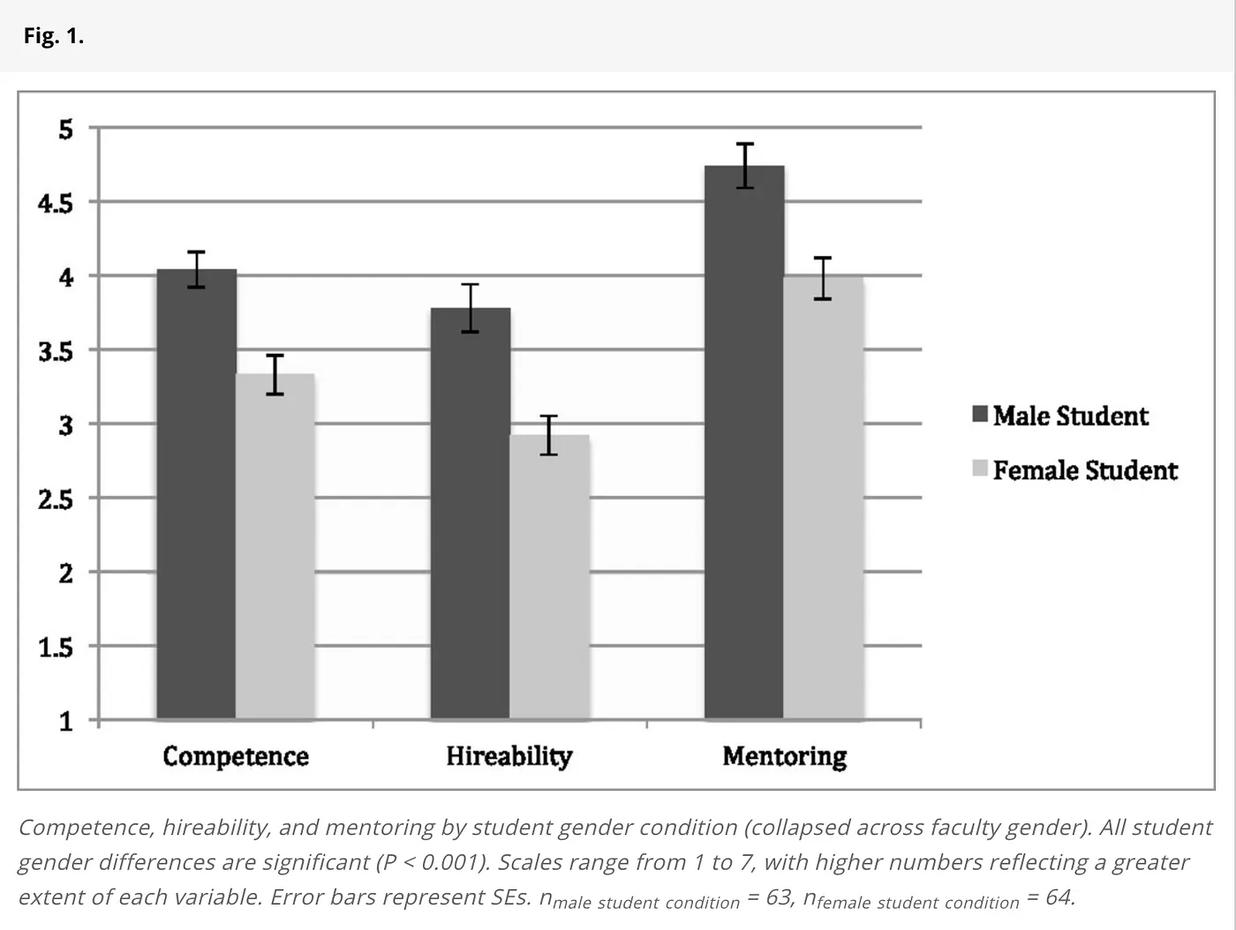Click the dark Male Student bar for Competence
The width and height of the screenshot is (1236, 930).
tap(196, 494)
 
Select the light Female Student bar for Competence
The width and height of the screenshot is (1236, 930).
tap(275, 547)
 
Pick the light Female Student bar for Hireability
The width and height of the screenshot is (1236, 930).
tap(548, 577)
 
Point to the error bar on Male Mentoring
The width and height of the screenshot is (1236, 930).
tap(745, 166)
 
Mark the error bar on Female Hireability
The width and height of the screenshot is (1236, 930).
tap(548, 435)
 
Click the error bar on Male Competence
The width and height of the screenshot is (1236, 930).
tap(196, 269)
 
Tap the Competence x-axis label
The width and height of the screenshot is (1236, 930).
tap(236, 756)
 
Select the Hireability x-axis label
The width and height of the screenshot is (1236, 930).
tap(509, 756)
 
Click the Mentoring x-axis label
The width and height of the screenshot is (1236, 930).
tap(784, 756)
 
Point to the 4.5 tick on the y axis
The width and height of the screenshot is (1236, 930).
tap(56, 204)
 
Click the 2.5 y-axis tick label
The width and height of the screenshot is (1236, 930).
tap(56, 499)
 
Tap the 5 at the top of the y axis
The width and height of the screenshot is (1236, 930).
tap(66, 130)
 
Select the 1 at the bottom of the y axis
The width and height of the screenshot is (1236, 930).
tap(66, 722)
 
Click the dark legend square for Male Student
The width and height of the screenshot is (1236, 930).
tap(980, 415)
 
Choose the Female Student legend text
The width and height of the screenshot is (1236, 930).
tap(1085, 470)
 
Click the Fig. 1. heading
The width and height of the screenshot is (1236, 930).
tap(54, 36)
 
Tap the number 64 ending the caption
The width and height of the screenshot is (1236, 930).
tap(1059, 897)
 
